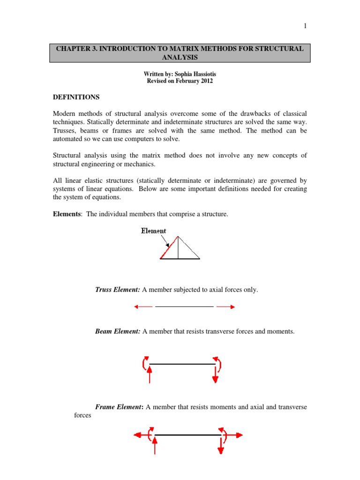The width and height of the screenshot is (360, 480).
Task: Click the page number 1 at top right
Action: pos(305,26)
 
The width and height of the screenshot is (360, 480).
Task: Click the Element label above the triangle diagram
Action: pos(153,231)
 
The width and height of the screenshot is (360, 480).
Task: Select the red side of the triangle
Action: pos(169,247)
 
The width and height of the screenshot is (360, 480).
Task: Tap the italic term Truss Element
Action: pos(117,290)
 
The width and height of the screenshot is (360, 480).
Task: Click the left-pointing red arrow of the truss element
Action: pos(142,307)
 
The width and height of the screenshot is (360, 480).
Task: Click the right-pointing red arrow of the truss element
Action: pos(226,307)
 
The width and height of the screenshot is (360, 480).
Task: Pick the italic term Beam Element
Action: pos(118,331)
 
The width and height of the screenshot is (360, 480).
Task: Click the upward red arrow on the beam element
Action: pos(150,375)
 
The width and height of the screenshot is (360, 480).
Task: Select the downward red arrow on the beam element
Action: pos(215,374)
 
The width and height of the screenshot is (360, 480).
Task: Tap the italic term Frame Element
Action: pos(119,407)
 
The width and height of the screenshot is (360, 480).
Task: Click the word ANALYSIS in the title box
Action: pos(180,57)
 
